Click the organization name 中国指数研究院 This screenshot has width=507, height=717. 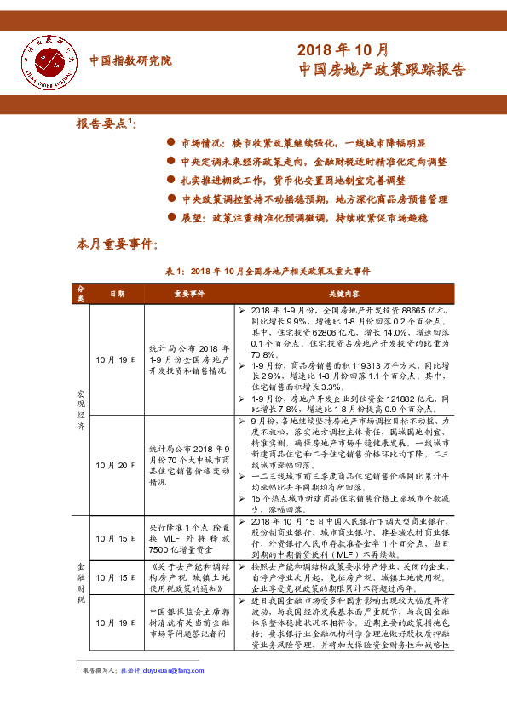coord(130,60)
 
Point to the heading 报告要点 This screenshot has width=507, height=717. coord(104,123)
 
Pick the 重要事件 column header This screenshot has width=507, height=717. coord(189,293)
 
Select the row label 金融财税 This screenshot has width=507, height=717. coord(81,583)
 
